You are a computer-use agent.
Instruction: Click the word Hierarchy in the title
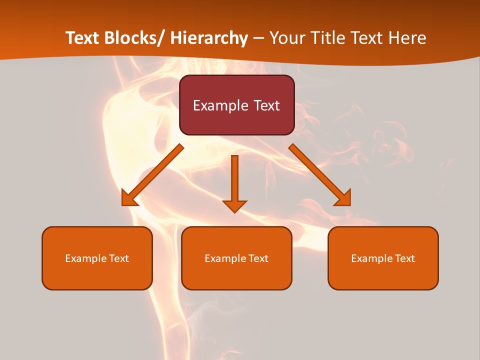click(x=209, y=38)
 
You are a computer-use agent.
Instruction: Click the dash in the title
click(x=258, y=39)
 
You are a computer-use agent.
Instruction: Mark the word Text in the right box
click(x=405, y=258)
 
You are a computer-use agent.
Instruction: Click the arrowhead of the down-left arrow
click(x=129, y=199)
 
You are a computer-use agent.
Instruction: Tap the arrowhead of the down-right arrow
click(x=344, y=199)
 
